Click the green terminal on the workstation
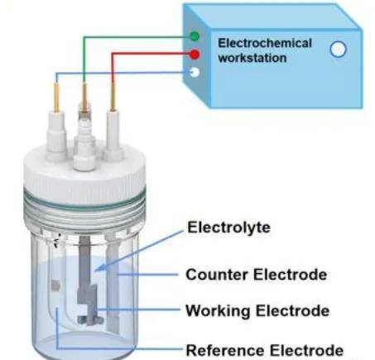[195, 36]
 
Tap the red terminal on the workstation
[195, 54]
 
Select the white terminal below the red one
[195, 72]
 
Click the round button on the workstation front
[338, 49]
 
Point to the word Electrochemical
[265, 43]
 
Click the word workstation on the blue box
[252, 58]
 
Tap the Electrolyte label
[228, 228]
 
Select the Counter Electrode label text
[257, 275]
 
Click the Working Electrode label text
[257, 310]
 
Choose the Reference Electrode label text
[265, 350]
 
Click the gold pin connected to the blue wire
[56, 97]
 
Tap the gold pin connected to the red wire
[113, 96]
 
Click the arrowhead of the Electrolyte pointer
[100, 266]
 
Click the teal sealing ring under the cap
[84, 203]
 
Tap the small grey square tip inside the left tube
[55, 286]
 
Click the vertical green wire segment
[84, 60]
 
